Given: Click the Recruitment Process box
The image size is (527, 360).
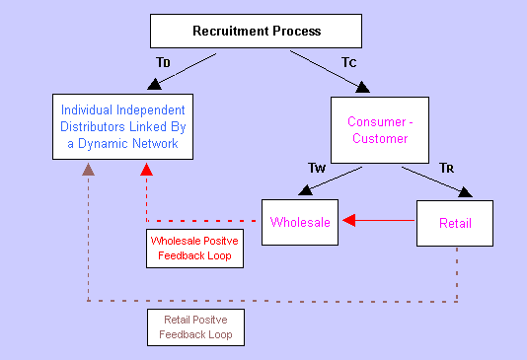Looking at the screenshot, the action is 257,31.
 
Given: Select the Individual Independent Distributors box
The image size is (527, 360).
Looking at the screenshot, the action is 122,126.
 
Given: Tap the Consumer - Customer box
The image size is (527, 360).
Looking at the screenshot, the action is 380,130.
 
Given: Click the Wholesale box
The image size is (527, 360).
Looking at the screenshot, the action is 300,222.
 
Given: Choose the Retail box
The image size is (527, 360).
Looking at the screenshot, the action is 455,223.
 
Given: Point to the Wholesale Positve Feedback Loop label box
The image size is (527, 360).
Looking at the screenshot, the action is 195,249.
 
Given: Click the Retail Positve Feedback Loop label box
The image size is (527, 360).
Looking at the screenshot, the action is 196,327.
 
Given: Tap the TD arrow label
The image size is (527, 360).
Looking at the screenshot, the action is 164,62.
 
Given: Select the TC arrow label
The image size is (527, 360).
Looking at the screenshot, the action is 349,62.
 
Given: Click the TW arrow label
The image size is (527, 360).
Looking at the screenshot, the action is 317,168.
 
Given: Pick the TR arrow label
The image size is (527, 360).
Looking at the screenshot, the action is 447,168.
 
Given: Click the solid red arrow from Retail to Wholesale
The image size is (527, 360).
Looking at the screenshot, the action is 378,220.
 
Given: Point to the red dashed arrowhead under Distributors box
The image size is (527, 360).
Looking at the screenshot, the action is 146,170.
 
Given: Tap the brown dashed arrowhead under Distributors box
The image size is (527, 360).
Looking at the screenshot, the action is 88,170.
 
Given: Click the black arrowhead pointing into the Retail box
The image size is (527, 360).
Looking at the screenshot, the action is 466,192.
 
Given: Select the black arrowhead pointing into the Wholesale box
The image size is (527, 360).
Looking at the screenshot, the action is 305,190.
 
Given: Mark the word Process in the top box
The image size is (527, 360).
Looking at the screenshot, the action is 297,31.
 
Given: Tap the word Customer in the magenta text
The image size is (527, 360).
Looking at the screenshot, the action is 380,138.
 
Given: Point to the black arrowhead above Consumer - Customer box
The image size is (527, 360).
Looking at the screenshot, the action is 362,87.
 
